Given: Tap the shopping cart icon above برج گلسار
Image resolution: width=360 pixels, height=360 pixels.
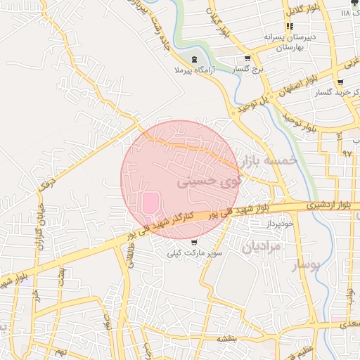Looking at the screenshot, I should click(x=247, y=58).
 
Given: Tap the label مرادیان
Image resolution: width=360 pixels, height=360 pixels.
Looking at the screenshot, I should click(x=261, y=247).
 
